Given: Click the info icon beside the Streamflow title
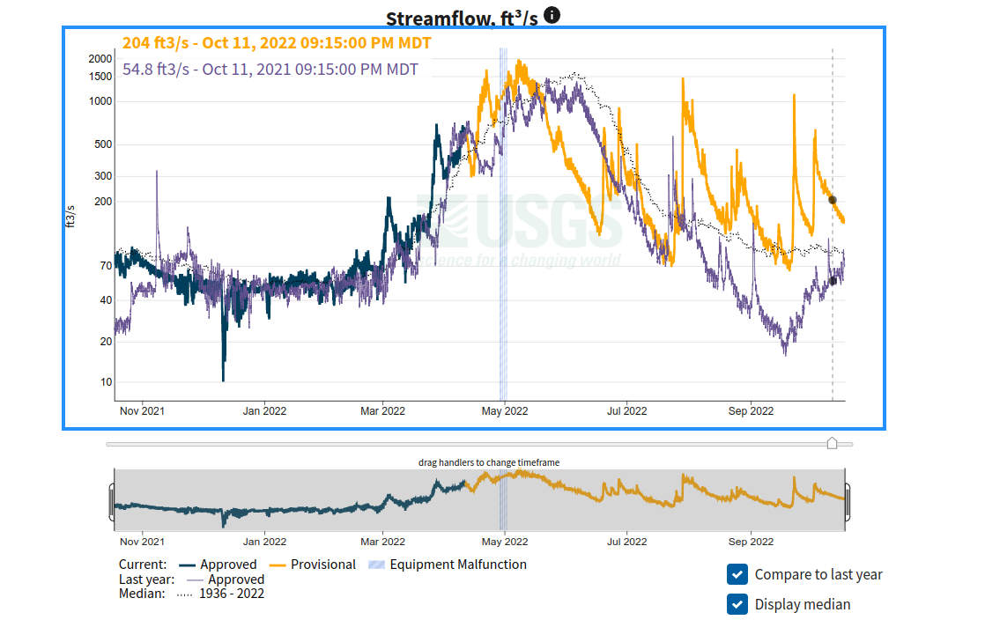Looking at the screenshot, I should [552, 14].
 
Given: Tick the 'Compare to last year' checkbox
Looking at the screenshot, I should [737, 575].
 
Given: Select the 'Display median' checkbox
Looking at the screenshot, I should [737, 604].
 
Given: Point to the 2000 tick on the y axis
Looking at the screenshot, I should [100, 58].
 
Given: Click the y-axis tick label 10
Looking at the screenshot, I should [106, 382].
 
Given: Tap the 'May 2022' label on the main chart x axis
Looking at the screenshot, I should [503, 410].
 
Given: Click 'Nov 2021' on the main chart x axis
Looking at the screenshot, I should [141, 410].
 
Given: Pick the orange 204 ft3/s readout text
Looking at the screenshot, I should [277, 43].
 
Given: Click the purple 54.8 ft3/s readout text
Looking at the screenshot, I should [270, 69].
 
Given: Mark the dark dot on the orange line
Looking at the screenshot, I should [833, 200].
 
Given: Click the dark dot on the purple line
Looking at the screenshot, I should [833, 281].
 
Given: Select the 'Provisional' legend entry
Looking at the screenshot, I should [322, 565].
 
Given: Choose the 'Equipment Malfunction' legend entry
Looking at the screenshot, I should [457, 565].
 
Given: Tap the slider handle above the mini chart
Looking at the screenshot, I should [832, 443].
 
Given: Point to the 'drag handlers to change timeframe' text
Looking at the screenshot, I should [488, 462].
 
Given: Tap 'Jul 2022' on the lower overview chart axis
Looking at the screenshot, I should [625, 542].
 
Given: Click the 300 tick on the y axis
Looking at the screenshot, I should [103, 176].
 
